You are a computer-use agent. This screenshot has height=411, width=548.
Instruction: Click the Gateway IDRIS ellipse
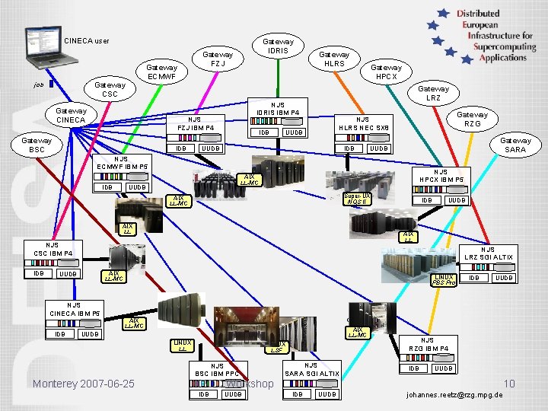(278, 46)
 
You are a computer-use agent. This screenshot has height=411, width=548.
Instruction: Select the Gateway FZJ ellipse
(218, 59)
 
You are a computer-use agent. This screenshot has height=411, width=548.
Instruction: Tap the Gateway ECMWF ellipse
(161, 72)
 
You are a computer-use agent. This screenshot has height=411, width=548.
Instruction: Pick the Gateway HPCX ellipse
(386, 72)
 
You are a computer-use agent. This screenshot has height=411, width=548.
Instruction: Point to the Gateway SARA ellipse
(515, 145)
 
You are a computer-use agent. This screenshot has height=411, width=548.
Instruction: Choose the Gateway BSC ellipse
(37, 145)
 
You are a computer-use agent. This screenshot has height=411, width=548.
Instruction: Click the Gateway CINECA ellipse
(71, 115)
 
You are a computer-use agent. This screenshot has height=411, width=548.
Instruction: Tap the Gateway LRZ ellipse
(433, 94)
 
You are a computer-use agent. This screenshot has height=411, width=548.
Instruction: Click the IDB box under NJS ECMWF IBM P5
(107, 187)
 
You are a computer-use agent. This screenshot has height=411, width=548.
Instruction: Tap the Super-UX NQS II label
(357, 199)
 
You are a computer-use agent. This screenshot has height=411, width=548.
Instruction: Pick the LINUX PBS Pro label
(444, 279)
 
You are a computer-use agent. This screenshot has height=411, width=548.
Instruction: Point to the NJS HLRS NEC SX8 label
(363, 123)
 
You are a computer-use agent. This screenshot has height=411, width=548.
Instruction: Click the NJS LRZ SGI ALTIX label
(488, 253)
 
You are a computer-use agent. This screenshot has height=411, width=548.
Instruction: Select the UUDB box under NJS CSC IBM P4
(68, 273)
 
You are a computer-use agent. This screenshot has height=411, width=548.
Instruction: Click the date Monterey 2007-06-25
(84, 383)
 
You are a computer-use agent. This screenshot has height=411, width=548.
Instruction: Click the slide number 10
(509, 383)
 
